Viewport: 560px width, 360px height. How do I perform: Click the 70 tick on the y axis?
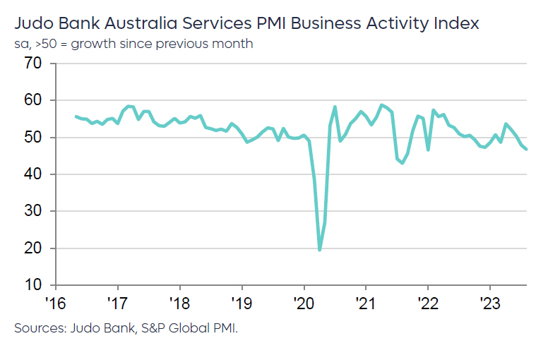(x=33, y=64)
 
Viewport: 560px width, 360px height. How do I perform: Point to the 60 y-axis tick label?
(x=33, y=100)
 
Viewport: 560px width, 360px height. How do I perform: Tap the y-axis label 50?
(x=33, y=137)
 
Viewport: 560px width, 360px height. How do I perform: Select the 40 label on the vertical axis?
(x=33, y=174)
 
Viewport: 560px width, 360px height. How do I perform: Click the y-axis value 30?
(x=33, y=211)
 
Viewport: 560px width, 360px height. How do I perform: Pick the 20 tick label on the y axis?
(x=33, y=248)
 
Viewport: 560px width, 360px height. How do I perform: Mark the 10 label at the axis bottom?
(x=33, y=285)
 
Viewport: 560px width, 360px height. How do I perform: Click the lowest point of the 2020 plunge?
(x=320, y=249)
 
